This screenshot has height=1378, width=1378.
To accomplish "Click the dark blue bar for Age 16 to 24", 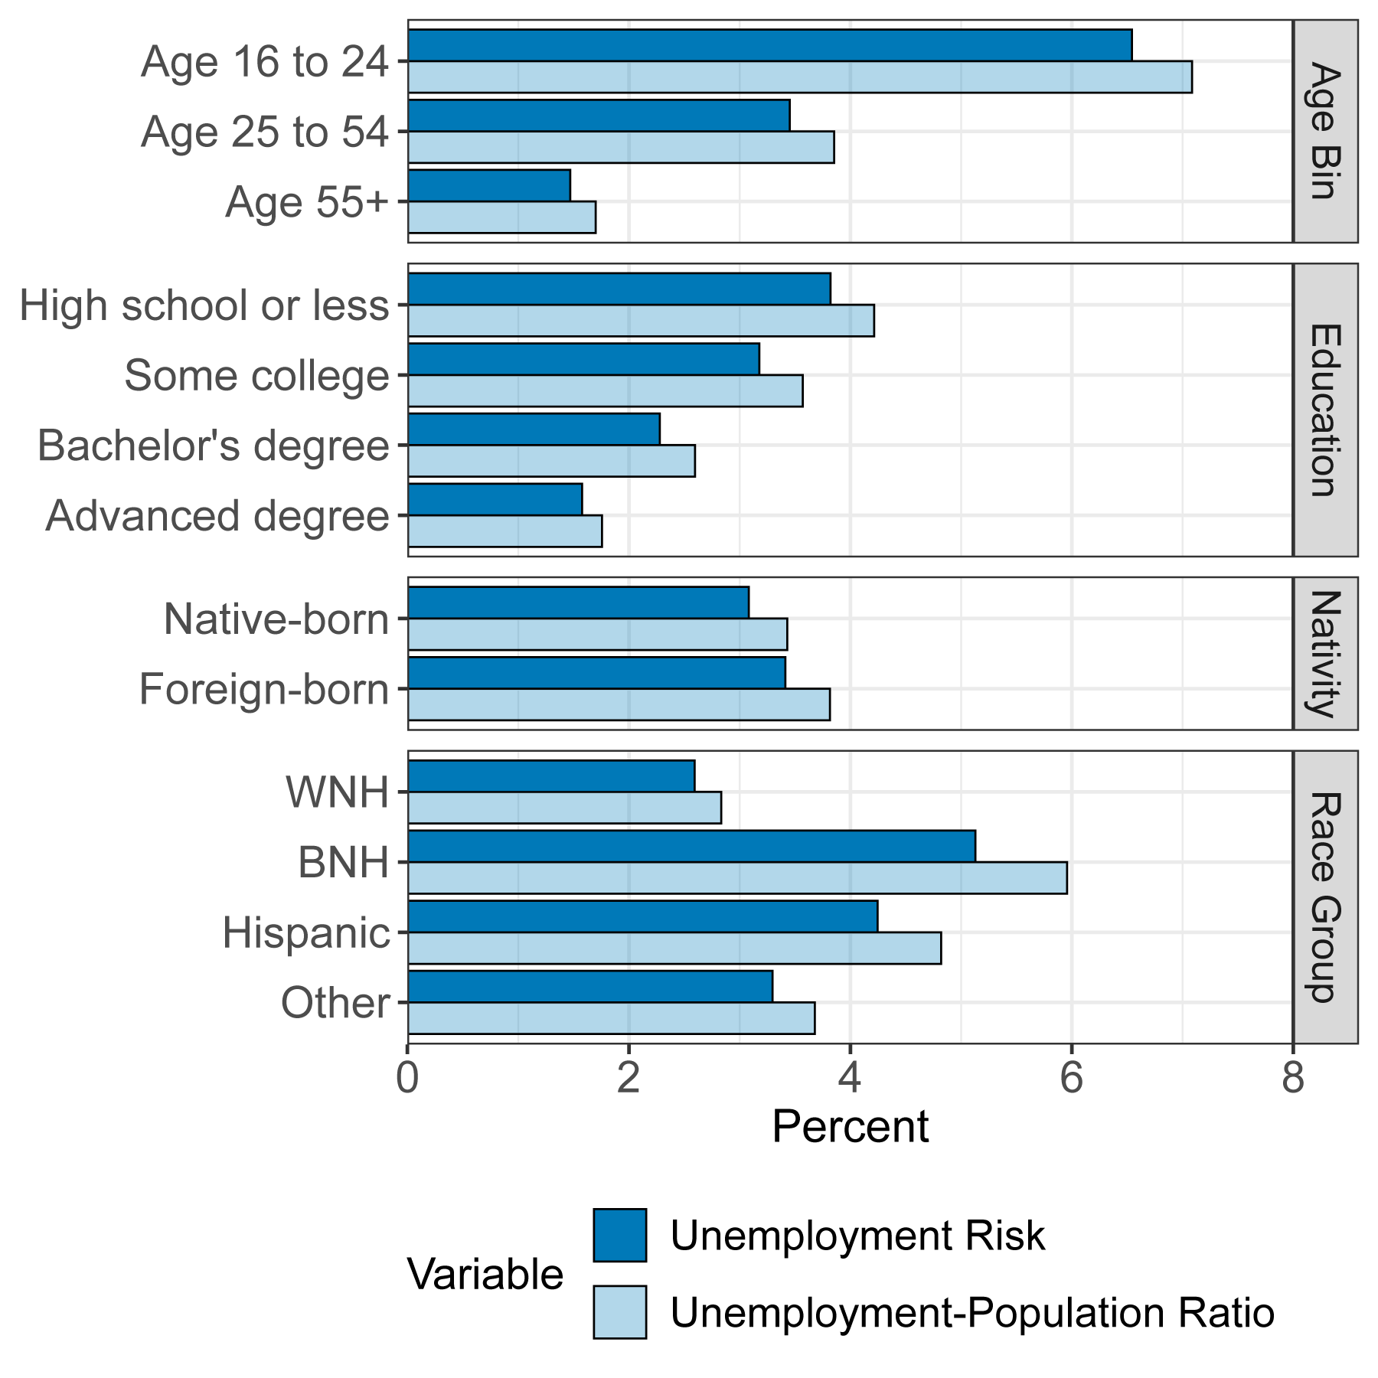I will click(x=769, y=45).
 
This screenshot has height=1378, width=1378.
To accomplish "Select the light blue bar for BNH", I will click(x=737, y=877).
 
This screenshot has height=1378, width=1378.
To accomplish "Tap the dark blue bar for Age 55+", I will click(x=489, y=186).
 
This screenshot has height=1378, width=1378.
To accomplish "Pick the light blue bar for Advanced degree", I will click(x=505, y=531).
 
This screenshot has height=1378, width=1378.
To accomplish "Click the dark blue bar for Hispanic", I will click(x=643, y=916).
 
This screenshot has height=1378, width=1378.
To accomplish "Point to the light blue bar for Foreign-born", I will click(x=619, y=704).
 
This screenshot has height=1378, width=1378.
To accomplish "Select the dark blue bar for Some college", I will click(x=583, y=359).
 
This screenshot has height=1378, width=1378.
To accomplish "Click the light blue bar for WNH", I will click(x=564, y=808).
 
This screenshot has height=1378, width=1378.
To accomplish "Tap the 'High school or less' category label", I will click(x=204, y=305).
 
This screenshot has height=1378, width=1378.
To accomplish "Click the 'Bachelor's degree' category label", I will click(x=214, y=446).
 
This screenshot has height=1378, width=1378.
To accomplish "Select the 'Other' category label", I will click(x=335, y=1003).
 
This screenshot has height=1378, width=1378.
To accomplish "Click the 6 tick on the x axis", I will click(x=1071, y=1079).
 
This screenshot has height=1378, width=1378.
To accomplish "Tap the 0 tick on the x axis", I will click(x=408, y=1079).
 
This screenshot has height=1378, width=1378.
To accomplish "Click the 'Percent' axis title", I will click(x=850, y=1127).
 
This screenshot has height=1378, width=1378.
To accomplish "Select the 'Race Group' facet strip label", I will click(x=1325, y=896).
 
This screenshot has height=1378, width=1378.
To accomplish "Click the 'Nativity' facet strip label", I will click(x=1325, y=653).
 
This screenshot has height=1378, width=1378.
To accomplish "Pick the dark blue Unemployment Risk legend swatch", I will click(x=619, y=1235).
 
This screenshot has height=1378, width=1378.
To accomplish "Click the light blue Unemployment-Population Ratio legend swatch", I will click(x=619, y=1311).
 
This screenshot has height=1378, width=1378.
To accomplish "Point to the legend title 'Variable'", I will click(x=485, y=1275).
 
